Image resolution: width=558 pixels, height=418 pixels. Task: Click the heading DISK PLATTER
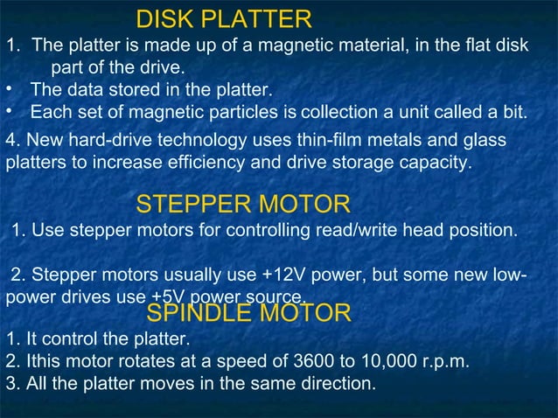224,18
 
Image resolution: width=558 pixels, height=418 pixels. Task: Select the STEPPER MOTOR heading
243,205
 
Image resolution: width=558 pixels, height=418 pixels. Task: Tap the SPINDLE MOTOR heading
248,313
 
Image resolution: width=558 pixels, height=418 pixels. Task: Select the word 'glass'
485,140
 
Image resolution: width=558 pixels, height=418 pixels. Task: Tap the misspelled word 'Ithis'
39,360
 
